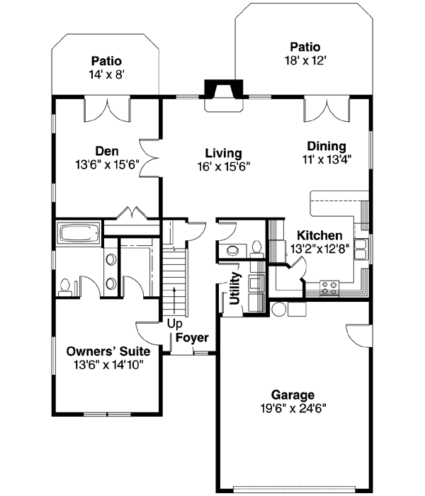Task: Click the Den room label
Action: pyautogui.click(x=106, y=151)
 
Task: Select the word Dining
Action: pyautogui.click(x=326, y=146)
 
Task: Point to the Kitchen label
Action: pyautogui.click(x=319, y=235)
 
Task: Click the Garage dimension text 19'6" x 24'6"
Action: pyautogui.click(x=293, y=408)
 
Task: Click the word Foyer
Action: pyautogui.click(x=192, y=337)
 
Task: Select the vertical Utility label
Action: pyautogui.click(x=235, y=288)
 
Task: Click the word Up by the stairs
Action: pyautogui.click(x=174, y=324)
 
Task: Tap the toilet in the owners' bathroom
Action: pyautogui.click(x=66, y=286)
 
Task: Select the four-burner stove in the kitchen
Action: pyautogui.click(x=329, y=288)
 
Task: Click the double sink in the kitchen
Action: pyautogui.click(x=361, y=249)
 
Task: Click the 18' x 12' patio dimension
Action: pyautogui.click(x=303, y=60)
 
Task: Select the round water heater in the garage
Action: pyautogui.click(x=280, y=309)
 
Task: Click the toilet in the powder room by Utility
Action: pyautogui.click(x=256, y=248)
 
